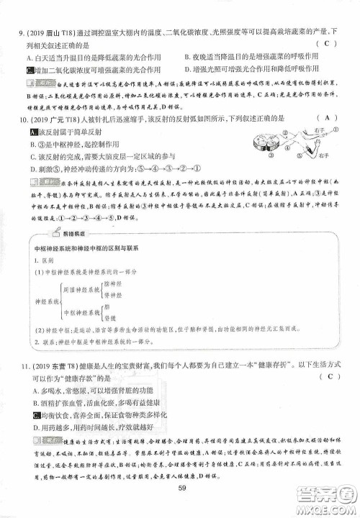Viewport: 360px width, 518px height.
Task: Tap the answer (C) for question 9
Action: click(326, 45)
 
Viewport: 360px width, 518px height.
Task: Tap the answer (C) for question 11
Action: click(326, 376)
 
